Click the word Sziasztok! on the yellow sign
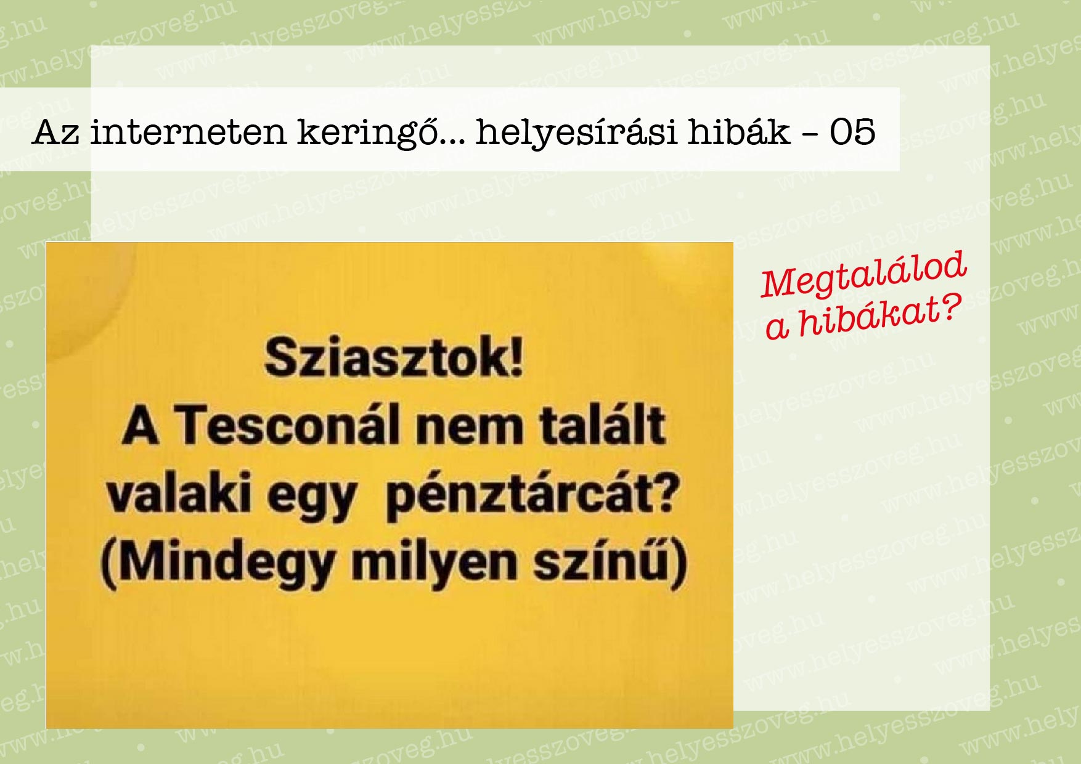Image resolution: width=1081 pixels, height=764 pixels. click(x=394, y=357)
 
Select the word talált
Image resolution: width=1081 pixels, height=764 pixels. click(x=603, y=425)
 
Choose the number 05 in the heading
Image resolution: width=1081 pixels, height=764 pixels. click(x=852, y=132)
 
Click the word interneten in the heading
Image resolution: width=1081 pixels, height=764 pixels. click(x=189, y=132)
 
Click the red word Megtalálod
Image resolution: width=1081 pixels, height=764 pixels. click(x=863, y=274)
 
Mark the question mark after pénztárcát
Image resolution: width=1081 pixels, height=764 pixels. click(x=668, y=492)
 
